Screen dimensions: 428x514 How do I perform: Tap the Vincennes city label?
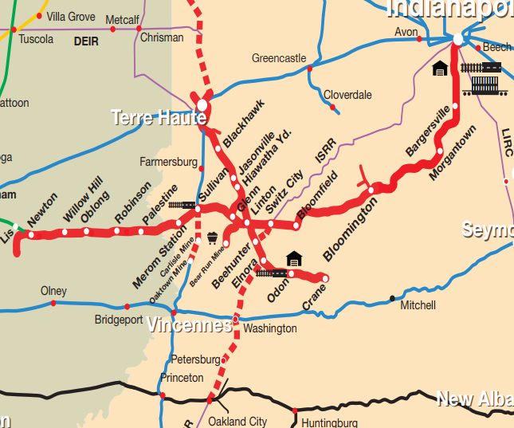click(188, 325)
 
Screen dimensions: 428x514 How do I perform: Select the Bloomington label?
click(350, 230)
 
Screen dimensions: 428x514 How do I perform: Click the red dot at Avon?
click(419, 38)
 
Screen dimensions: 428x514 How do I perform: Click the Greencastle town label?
click(279, 58)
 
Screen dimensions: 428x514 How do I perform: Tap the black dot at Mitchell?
click(391, 298)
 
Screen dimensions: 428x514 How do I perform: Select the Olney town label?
click(53, 291)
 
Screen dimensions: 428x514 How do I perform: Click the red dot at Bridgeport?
click(127, 307)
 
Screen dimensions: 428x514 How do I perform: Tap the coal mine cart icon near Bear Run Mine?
click(213, 238)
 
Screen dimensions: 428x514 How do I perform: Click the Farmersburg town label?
click(168, 162)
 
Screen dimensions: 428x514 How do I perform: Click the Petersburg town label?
click(194, 359)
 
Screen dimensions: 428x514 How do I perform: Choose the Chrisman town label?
click(161, 37)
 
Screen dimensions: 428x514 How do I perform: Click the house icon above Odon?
click(294, 257)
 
